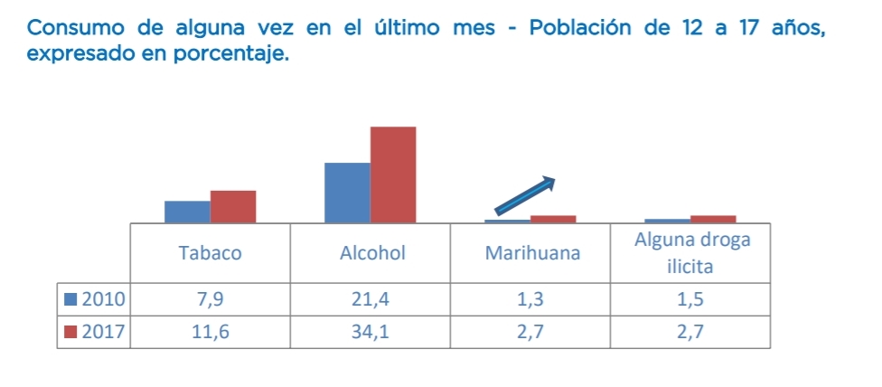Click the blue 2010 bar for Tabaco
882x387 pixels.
[187, 212]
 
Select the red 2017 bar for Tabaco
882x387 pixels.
[233, 206]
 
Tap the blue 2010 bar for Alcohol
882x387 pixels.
[347, 193]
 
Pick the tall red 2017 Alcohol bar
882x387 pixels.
[393, 175]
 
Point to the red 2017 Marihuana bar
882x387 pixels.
[553, 219]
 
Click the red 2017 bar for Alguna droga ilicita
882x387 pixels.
[713, 219]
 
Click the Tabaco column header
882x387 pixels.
[210, 253]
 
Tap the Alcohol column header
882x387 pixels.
[371, 253]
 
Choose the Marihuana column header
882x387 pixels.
[531, 253]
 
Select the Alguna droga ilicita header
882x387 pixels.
[691, 253]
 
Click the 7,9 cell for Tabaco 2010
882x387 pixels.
[210, 298]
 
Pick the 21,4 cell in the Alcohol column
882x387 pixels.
[371, 298]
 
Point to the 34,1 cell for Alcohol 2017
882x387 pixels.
[371, 333]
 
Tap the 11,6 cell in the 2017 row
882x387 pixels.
[210, 333]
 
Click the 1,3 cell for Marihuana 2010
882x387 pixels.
[531, 298]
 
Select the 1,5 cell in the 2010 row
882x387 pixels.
[691, 298]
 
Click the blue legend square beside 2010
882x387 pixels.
[70, 298]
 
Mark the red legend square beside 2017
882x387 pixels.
[70, 333]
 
